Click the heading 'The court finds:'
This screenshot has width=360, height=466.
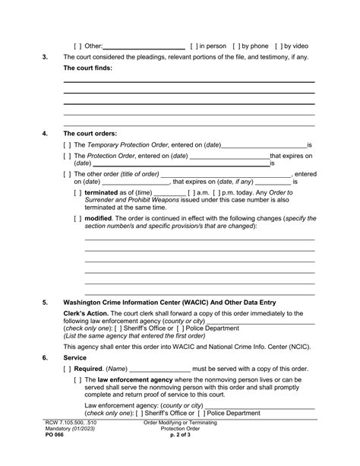[x=89, y=68]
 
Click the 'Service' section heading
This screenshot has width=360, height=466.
[x=75, y=357]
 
